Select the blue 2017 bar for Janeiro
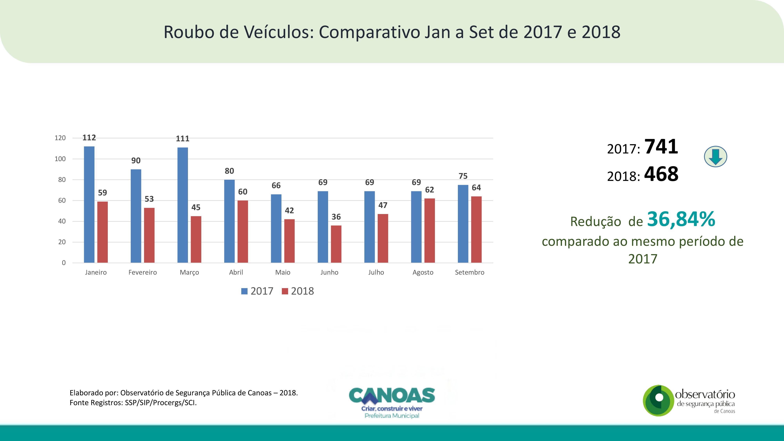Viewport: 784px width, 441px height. (x=89, y=204)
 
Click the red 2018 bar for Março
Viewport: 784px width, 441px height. (x=196, y=239)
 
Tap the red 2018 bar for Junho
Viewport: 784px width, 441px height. (x=336, y=244)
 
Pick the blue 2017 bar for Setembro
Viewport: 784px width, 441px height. (x=463, y=224)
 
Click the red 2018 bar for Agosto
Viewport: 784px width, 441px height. (x=429, y=230)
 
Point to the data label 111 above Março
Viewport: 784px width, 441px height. (x=183, y=139)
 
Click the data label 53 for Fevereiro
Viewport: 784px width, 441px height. (x=149, y=199)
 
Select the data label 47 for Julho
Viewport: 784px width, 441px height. (x=383, y=205)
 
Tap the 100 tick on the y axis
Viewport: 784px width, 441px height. (x=60, y=159)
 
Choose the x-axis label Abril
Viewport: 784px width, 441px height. (x=236, y=272)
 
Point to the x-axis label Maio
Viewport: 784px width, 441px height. (x=283, y=272)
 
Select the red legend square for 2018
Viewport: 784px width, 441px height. (x=285, y=291)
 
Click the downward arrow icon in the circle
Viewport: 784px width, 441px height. (x=716, y=156)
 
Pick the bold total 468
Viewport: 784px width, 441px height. (x=661, y=174)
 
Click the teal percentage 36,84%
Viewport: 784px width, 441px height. (x=681, y=219)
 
